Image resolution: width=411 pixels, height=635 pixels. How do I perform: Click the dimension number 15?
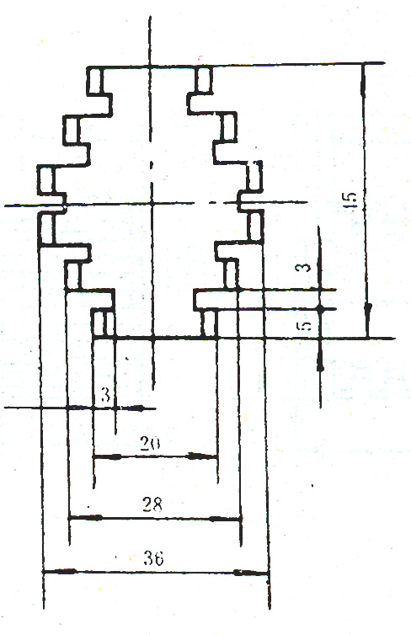click(351, 200)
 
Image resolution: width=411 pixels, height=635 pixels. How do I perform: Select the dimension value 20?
click(150, 443)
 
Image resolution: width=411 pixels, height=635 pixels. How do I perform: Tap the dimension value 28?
click(152, 504)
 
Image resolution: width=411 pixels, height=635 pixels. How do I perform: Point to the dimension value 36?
click(154, 559)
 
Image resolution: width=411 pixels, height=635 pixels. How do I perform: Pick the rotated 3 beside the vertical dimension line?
click(307, 267)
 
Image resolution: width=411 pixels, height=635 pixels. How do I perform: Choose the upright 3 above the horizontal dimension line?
click(105, 394)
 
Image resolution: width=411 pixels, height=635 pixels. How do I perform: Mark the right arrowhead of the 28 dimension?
click(225, 519)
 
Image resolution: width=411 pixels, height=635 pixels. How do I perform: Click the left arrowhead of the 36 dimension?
click(60, 572)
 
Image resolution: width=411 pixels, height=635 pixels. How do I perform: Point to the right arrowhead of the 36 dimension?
click(251, 573)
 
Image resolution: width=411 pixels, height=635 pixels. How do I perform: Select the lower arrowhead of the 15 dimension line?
click(368, 320)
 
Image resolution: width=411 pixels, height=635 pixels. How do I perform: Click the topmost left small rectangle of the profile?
click(95, 80)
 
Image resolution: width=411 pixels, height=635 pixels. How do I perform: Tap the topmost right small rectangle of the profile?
click(203, 79)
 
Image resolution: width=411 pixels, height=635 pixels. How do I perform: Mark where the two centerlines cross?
click(152, 204)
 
